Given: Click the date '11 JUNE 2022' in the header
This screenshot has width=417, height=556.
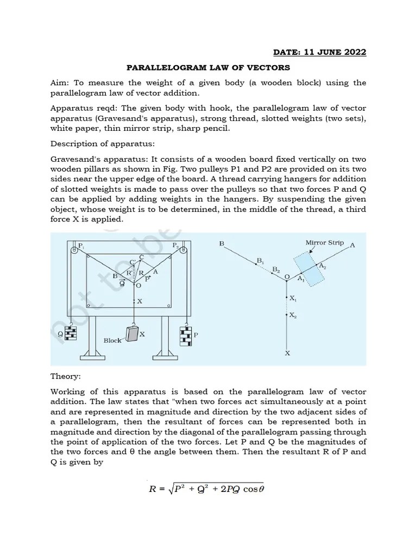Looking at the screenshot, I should [x=337, y=52].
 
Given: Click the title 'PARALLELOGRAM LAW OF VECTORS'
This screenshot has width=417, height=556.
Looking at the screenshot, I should [x=208, y=68].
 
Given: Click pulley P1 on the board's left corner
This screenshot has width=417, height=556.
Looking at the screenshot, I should [x=73, y=250].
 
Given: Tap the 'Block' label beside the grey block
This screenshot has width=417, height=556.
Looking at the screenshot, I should [x=112, y=340].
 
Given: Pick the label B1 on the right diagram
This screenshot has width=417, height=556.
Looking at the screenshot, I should [x=260, y=261].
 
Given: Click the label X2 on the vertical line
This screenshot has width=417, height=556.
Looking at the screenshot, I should [x=293, y=315].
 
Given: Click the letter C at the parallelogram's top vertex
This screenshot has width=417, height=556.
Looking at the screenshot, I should [x=142, y=257].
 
